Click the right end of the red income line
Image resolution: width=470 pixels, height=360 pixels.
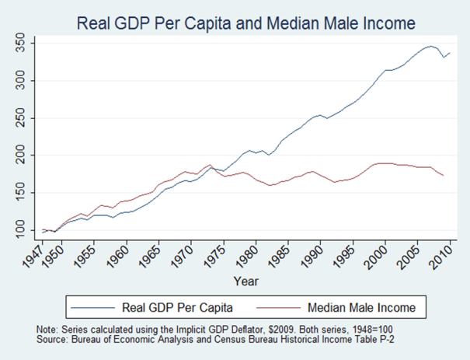pos(443,176)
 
